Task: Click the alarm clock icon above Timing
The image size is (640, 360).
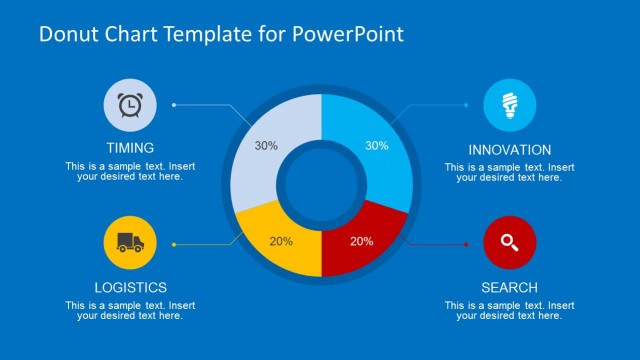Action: [x=130, y=105]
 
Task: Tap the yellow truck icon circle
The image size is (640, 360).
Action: [x=130, y=243]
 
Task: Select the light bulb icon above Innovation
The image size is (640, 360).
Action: [x=510, y=105]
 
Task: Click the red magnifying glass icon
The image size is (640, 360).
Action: [x=510, y=243]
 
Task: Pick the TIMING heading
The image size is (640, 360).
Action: [x=130, y=148]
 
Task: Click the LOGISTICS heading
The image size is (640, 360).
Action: [x=130, y=287]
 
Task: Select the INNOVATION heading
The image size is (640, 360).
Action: [x=509, y=149]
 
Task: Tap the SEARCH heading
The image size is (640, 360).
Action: [x=509, y=287]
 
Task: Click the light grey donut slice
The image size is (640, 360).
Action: [x=262, y=160]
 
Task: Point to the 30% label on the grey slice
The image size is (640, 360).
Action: [x=266, y=145]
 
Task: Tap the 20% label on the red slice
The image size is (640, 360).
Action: [x=362, y=241]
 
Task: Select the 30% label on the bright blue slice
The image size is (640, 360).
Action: [x=376, y=145]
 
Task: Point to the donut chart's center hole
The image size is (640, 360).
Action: [x=321, y=187]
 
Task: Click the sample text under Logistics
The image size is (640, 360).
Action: [x=130, y=310]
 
